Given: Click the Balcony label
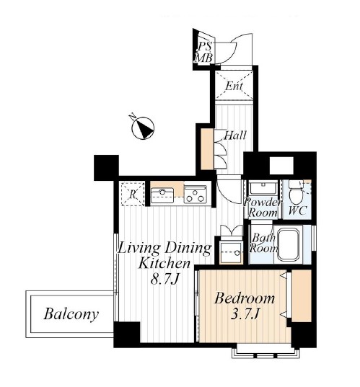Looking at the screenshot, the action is [x=71, y=314].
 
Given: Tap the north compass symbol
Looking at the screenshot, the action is [x=143, y=128].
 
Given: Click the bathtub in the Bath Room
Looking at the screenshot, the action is [x=289, y=244].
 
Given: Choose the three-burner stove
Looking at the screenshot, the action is [x=196, y=195].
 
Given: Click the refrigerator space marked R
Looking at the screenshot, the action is [x=133, y=194].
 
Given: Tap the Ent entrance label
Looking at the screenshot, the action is [x=234, y=86].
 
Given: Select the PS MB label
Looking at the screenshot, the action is [x=204, y=53].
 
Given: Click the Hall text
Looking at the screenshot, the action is [x=235, y=135].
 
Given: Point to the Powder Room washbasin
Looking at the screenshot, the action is [x=263, y=188].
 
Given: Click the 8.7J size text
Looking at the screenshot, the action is [x=164, y=280].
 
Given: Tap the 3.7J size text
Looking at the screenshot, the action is [x=245, y=314].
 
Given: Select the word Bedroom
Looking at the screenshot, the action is [x=245, y=298].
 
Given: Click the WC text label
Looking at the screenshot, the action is [x=297, y=210].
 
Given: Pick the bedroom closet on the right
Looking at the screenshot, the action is [x=302, y=295].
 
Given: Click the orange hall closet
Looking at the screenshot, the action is [x=207, y=149].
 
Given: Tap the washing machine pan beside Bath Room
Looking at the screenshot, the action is [x=231, y=253].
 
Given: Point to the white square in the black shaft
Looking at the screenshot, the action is [x=281, y=166].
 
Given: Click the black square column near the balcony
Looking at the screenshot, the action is [x=106, y=168].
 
